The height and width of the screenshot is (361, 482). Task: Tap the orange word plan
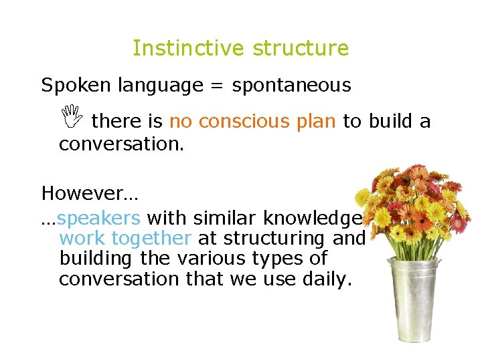click(315, 122)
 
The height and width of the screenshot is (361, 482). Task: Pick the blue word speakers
click(98, 219)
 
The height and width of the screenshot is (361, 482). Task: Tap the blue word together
click(151, 239)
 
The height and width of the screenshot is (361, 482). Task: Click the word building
click(96, 258)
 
